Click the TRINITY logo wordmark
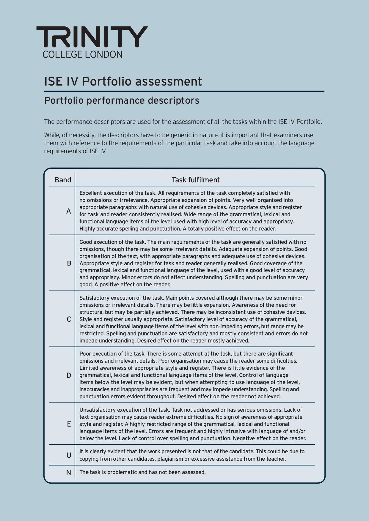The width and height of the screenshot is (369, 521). point(92,37)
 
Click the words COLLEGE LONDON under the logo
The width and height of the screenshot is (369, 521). point(82,54)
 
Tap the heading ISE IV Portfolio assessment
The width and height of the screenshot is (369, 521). point(123,81)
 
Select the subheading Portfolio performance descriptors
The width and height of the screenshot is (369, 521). point(122,100)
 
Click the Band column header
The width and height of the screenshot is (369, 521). point(63,180)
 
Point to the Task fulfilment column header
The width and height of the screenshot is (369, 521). point(196,180)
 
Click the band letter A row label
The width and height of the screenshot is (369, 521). point(69,211)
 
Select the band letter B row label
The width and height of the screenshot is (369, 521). point(69,263)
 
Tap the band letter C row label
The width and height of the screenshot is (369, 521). point(69,319)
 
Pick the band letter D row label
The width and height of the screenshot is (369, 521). point(69,375)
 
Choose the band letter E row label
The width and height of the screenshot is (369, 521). point(69,424)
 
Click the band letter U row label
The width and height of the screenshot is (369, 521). point(69,455)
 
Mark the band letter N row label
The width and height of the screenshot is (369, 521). point(69,472)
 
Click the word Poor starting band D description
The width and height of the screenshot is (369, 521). point(85,354)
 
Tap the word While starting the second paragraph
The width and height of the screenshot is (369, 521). point(51,135)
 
